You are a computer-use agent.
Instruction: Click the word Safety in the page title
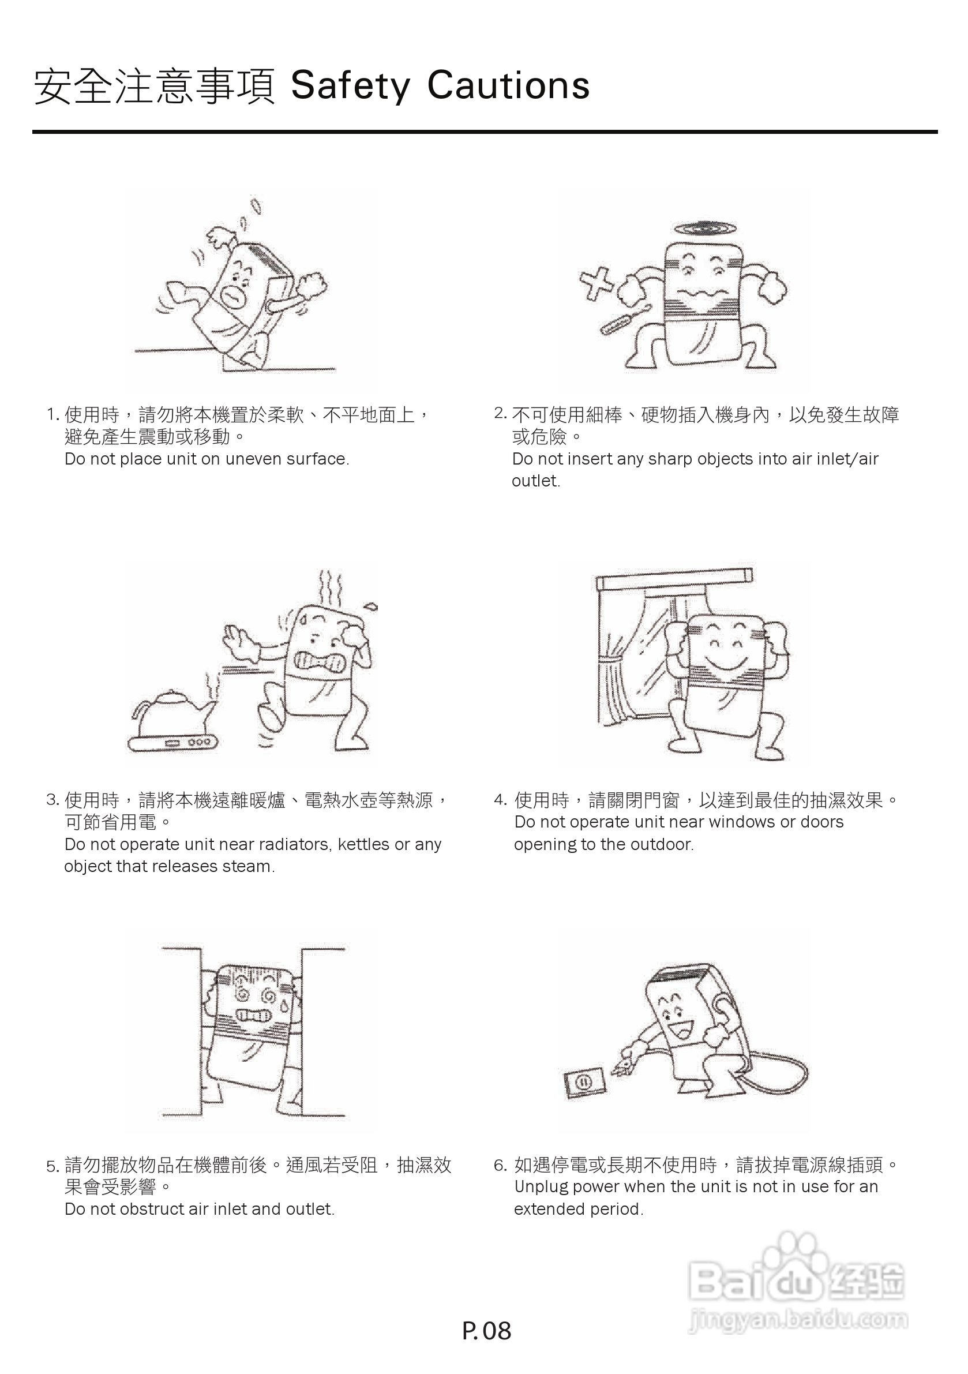[350, 85]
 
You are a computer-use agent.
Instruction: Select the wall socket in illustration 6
[584, 1081]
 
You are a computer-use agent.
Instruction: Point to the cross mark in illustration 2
[596, 284]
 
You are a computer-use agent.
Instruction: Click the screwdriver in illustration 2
[625, 320]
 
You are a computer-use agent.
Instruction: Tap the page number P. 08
[486, 1330]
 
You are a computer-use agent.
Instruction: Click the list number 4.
[500, 800]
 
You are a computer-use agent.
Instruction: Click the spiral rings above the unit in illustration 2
[705, 229]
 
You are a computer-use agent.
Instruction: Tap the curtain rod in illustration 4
[674, 578]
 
